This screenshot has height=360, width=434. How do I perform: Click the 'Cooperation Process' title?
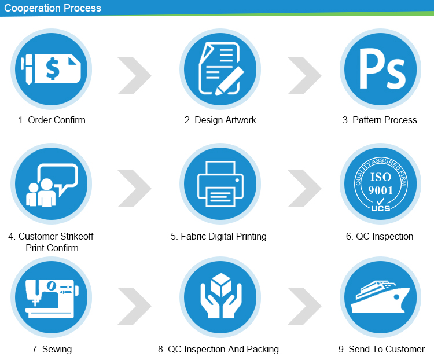pyautogui.click(x=53, y=8)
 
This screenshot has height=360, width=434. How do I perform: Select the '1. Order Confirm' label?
pyautogui.click(x=52, y=120)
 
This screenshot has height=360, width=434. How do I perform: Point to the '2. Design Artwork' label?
pyautogui.click(x=220, y=120)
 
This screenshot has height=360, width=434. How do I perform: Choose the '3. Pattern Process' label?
pyautogui.click(x=380, y=120)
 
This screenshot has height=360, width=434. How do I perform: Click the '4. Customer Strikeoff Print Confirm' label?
pyautogui.click(x=52, y=242)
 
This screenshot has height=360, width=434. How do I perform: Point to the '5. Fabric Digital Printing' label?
pyautogui.click(x=219, y=236)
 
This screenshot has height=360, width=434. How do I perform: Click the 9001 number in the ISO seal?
pyautogui.click(x=381, y=190)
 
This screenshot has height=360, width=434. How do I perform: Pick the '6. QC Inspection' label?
pyautogui.click(x=380, y=236)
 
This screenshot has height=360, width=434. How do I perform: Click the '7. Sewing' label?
pyautogui.click(x=52, y=349)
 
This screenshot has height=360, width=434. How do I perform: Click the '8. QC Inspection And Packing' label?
pyautogui.click(x=218, y=349)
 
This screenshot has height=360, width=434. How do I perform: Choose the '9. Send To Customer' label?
pyautogui.click(x=381, y=349)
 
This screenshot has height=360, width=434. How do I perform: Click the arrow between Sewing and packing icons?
pyautogui.click(x=135, y=305)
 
